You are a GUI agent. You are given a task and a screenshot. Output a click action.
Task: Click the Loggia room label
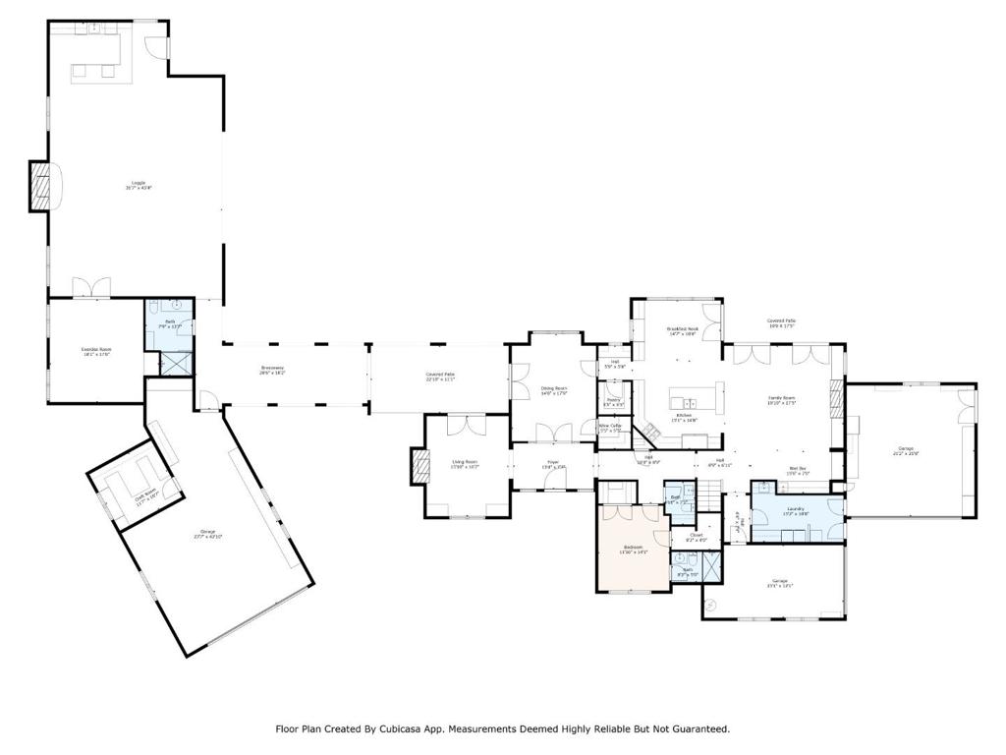coord(138,184)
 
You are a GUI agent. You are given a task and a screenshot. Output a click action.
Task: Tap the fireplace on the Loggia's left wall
coord(40,185)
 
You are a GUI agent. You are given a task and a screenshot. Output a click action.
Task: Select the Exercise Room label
coord(96,351)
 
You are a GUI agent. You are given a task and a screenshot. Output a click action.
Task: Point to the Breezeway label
coord(272,371)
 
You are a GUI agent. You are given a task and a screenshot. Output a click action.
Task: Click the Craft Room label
coord(145,497)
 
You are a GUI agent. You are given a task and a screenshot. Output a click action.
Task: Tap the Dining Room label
coord(554,390)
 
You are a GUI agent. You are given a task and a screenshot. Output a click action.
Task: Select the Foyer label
coord(553,464)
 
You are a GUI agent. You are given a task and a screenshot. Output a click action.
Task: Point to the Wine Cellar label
coord(609,428)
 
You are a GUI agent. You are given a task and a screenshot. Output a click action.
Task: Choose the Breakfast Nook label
coord(682,331)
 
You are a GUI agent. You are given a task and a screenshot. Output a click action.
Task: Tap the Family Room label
coord(781,399)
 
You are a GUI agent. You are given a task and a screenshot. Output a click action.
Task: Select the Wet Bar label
coord(798,470)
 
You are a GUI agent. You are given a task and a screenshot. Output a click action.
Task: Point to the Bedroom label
coord(634,549)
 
